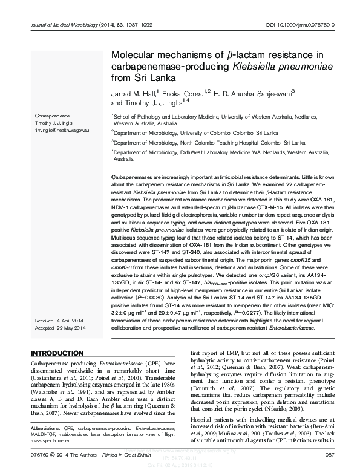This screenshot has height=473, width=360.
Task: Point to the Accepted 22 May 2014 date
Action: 61,327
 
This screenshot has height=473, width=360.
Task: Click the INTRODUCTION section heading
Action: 57,353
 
